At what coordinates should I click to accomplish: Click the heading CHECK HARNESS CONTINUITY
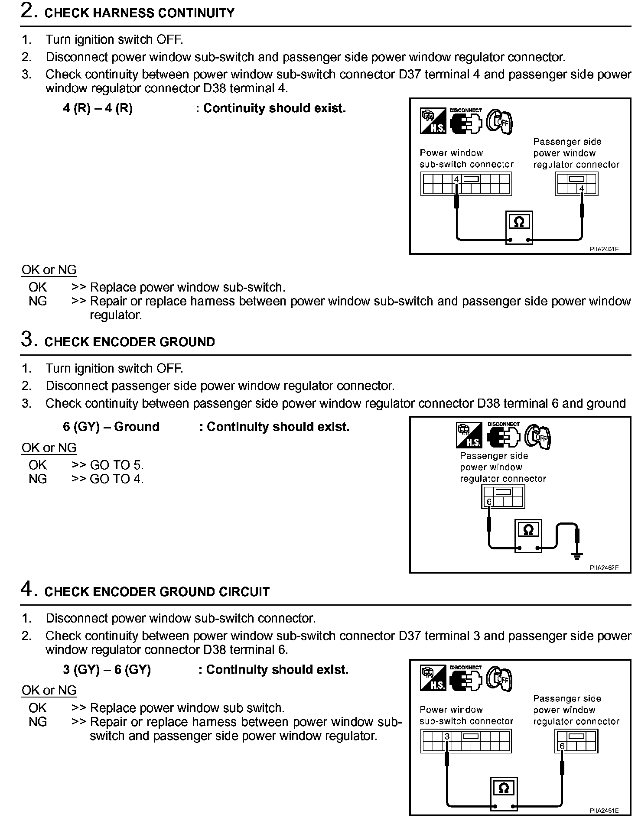(139, 13)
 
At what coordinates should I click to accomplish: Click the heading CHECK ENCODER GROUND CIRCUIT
(157, 592)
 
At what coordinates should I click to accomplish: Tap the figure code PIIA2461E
(604, 249)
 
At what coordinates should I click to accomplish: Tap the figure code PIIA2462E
(604, 568)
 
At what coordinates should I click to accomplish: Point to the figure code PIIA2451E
(604, 810)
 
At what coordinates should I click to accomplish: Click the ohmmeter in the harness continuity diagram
(519, 227)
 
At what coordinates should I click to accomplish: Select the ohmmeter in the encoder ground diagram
(528, 535)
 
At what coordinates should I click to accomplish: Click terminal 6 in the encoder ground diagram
(489, 502)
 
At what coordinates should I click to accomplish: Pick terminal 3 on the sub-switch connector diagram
(447, 736)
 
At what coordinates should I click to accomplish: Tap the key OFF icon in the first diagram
(500, 122)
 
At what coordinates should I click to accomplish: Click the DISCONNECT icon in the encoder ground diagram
(503, 435)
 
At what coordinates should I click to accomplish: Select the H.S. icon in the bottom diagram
(433, 679)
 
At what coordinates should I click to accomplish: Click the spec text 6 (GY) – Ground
(111, 427)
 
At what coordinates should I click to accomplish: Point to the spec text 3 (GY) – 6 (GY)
(107, 670)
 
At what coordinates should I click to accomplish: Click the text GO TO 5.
(116, 465)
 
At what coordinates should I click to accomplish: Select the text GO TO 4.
(116, 479)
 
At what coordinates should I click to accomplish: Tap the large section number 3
(27, 339)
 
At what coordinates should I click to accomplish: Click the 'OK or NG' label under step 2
(49, 270)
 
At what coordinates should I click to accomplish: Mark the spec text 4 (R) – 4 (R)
(98, 108)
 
